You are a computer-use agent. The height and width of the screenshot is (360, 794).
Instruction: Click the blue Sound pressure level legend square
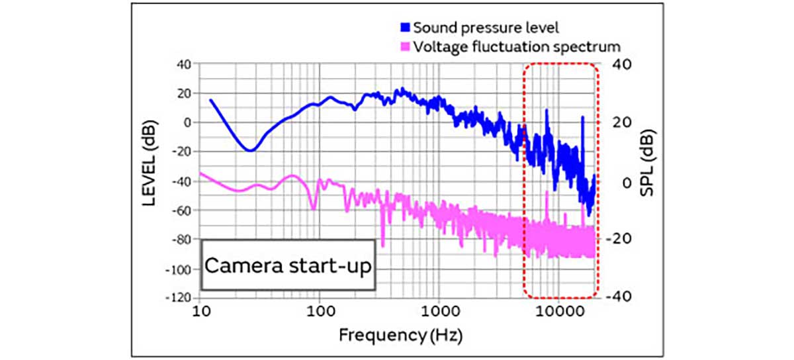(x=406, y=28)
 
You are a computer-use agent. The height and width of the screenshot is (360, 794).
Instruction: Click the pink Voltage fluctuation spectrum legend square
(x=406, y=47)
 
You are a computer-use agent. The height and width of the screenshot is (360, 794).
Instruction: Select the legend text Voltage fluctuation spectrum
(x=516, y=47)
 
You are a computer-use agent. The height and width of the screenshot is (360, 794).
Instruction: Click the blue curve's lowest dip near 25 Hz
(x=249, y=151)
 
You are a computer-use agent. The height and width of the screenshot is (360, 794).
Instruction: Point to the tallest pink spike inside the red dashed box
(x=547, y=192)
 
